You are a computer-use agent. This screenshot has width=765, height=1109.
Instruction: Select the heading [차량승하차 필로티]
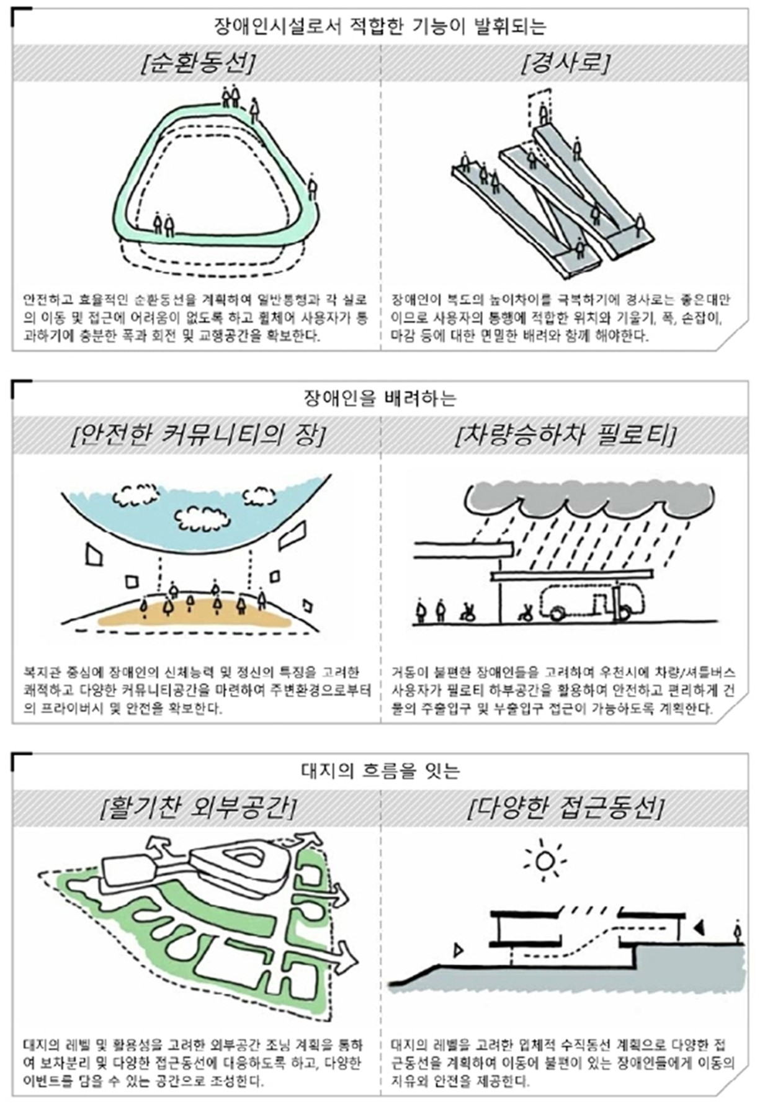click(565, 436)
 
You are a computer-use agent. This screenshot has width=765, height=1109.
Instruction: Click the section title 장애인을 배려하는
click(380, 398)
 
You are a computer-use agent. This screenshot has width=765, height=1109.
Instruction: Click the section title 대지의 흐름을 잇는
click(380, 770)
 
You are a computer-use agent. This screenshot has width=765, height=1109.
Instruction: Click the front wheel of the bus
click(557, 613)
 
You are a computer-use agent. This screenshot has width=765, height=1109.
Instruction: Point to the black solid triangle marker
click(699, 928)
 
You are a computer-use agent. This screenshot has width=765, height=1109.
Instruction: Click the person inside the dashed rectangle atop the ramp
click(544, 114)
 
